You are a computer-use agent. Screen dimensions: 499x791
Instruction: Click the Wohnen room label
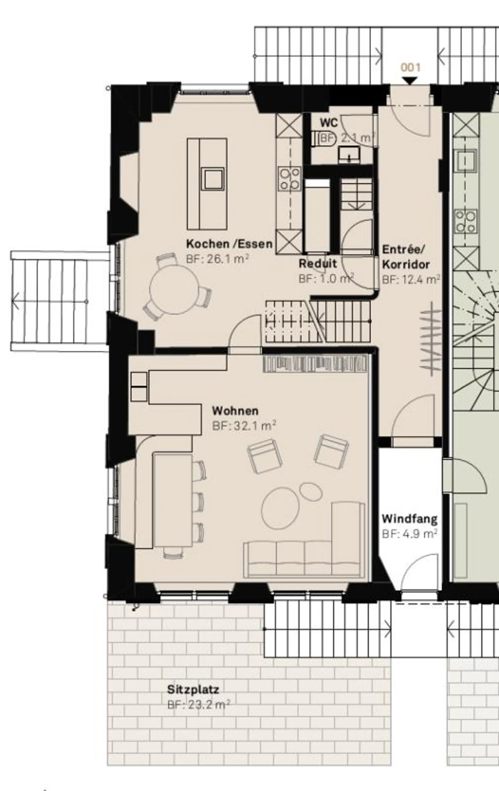235,411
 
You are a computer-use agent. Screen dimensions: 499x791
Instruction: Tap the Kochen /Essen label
229,244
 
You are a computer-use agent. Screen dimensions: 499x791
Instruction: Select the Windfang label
410,519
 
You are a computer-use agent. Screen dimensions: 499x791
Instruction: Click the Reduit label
318,264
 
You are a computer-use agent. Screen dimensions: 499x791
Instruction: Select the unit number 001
411,67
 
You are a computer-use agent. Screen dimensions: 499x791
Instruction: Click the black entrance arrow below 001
411,81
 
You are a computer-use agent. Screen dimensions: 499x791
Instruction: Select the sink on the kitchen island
213,179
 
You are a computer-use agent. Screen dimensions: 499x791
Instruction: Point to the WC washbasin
349,154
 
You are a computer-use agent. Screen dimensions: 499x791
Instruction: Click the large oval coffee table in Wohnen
280,508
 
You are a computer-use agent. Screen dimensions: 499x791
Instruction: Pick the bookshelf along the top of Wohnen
315,364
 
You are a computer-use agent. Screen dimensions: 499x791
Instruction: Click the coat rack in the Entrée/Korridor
431,338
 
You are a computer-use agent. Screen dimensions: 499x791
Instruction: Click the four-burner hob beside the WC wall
290,178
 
